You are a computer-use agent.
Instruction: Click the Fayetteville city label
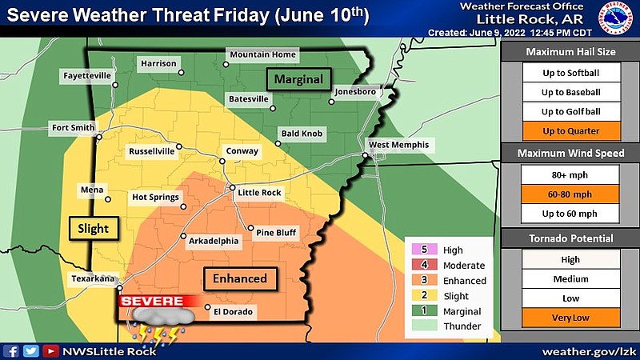87,76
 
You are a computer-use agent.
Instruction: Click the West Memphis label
398,145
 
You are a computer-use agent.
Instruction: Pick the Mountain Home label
262,54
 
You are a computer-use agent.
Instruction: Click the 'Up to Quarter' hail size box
570,130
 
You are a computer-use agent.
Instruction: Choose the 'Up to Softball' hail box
570,73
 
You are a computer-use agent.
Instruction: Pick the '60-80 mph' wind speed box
570,194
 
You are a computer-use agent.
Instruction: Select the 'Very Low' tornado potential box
570,318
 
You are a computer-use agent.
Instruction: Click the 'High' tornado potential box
570,260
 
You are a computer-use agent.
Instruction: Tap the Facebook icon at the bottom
12,350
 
